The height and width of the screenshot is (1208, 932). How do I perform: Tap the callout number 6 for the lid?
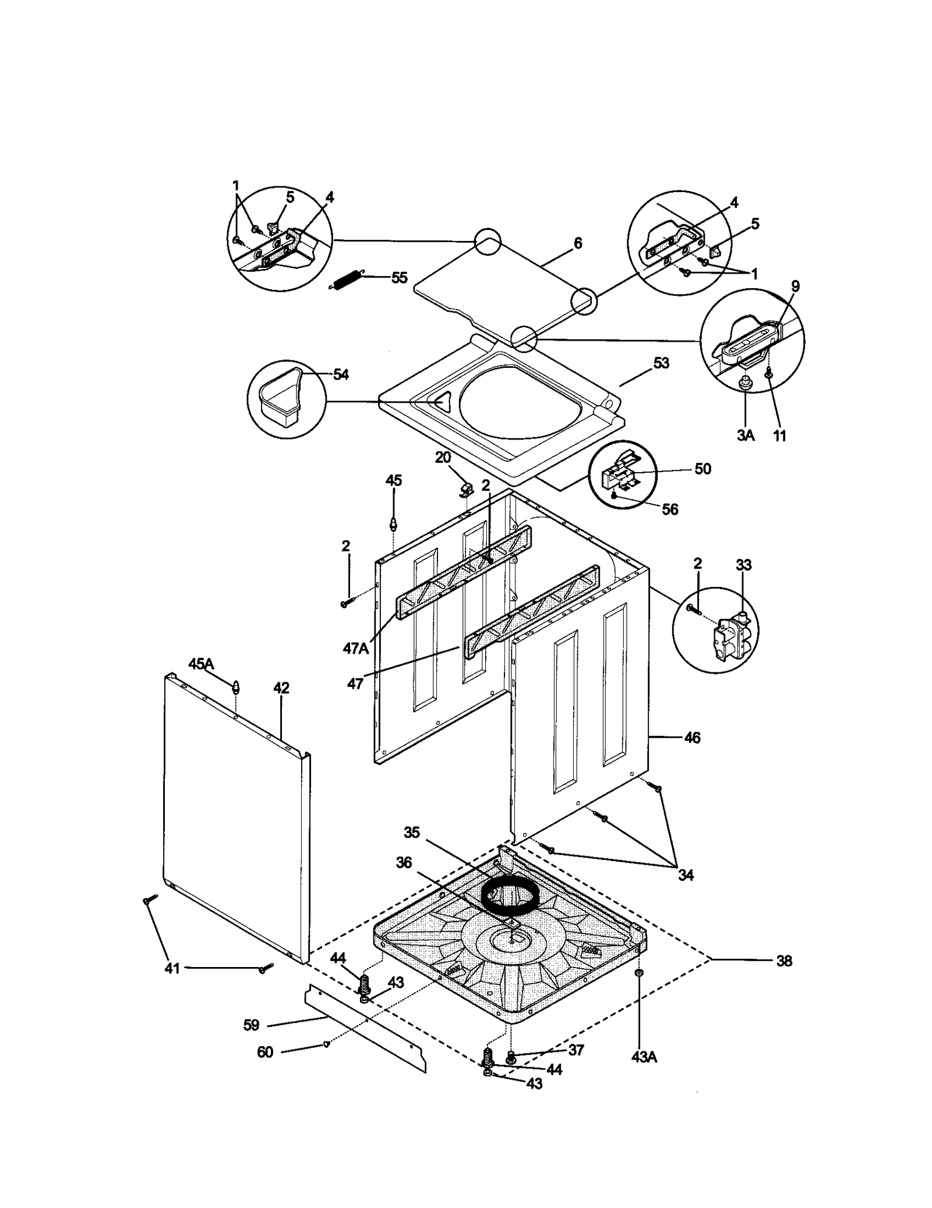pyautogui.click(x=577, y=243)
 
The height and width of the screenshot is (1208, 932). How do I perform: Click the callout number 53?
pyautogui.click(x=661, y=363)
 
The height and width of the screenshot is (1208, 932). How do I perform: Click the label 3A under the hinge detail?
pyautogui.click(x=746, y=435)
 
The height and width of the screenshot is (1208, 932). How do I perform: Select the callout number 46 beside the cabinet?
pyautogui.click(x=691, y=738)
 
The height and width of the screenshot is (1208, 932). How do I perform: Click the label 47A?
pyautogui.click(x=356, y=648)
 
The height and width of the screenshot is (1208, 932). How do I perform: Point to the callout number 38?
pyautogui.click(x=784, y=961)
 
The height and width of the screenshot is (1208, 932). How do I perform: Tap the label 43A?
pyautogui.click(x=644, y=1057)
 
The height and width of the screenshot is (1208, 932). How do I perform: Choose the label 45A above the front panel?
pyautogui.click(x=201, y=664)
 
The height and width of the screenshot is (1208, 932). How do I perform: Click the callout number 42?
pyautogui.click(x=281, y=688)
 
